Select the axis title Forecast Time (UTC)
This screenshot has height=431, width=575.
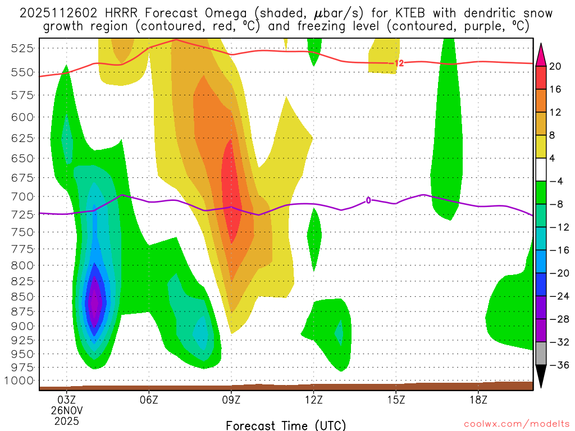click(x=286, y=425)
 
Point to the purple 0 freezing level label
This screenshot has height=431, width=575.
click(x=368, y=200)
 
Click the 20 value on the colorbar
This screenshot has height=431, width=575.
click(x=555, y=66)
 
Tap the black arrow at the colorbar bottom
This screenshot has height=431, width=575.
click(x=541, y=377)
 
